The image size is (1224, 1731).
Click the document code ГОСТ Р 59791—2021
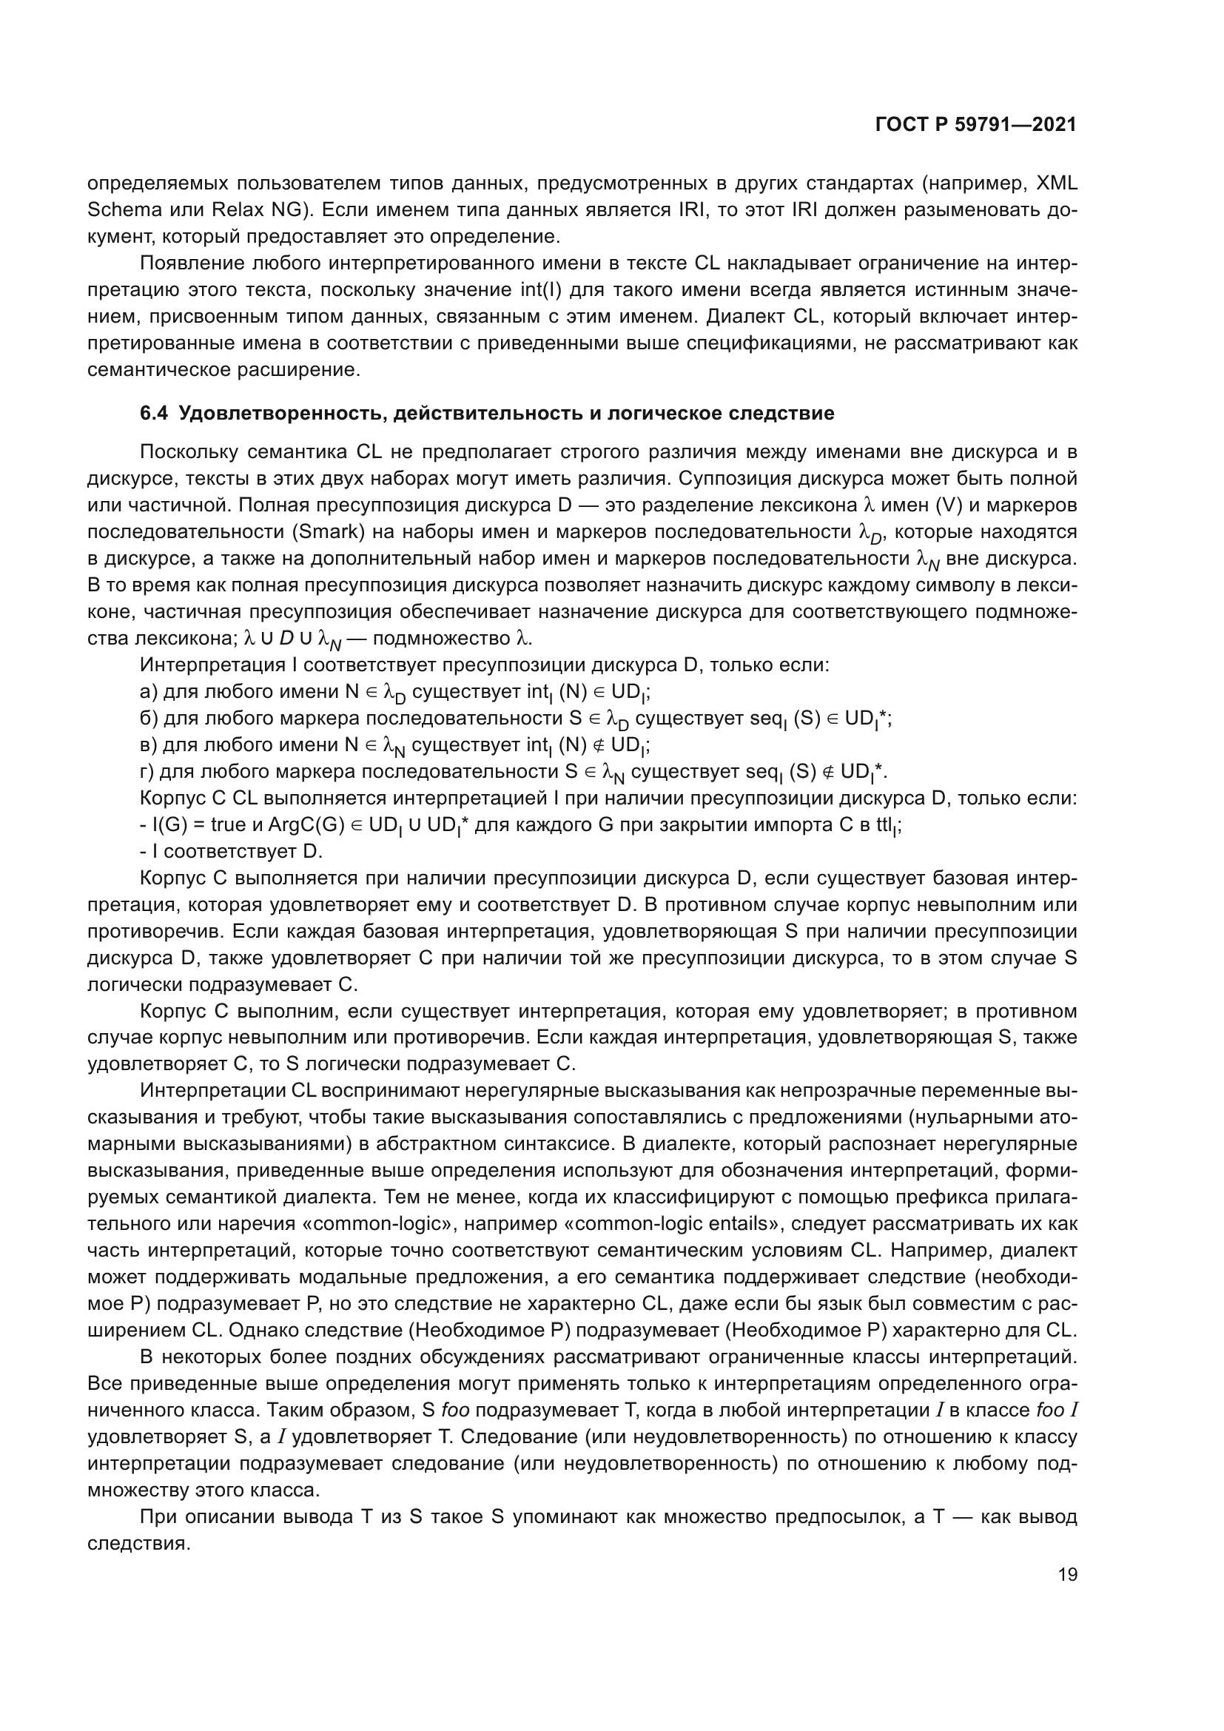tap(975, 124)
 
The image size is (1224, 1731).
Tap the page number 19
tap(1067, 1574)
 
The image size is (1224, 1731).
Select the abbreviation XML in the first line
tap(1057, 184)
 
